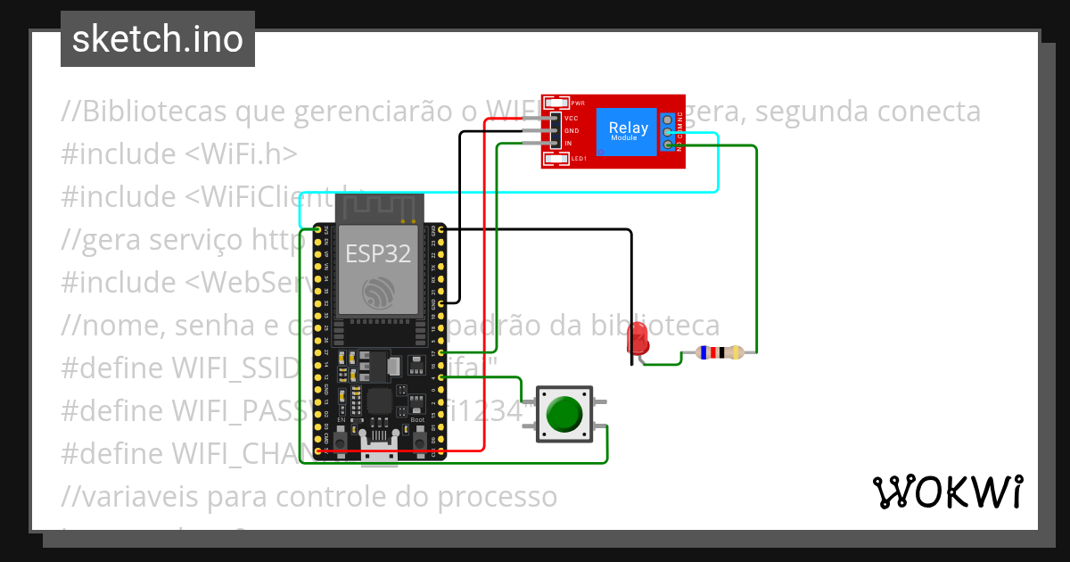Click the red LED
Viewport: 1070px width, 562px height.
tap(638, 338)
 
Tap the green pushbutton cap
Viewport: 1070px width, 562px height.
tap(564, 414)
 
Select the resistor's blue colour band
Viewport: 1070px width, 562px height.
tap(705, 352)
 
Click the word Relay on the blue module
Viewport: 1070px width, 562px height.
tap(629, 128)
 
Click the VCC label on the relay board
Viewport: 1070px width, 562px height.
tap(572, 119)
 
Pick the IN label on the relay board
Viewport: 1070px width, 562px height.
tap(568, 143)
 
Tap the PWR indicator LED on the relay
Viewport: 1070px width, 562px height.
tap(556, 103)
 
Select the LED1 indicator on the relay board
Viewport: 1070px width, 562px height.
tap(556, 159)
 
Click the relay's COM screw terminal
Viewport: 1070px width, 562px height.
tap(667, 132)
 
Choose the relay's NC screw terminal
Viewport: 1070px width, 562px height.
tap(667, 120)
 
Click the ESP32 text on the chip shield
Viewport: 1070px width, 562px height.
tap(378, 254)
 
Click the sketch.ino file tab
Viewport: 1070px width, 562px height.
tap(158, 39)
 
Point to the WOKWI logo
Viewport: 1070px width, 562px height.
tap(947, 492)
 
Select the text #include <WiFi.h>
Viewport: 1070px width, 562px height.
tap(179, 154)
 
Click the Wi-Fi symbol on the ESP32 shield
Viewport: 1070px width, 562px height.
tap(378, 293)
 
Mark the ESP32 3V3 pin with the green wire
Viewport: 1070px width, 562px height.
tap(317, 230)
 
